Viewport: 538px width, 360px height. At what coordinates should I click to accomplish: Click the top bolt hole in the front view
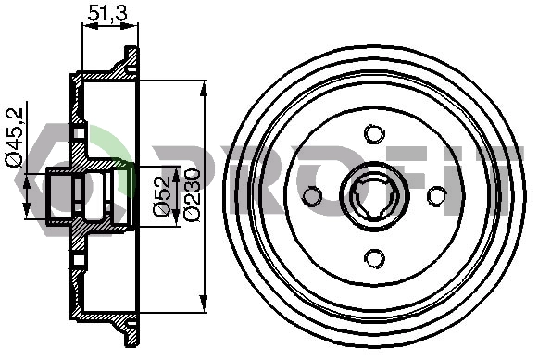click(x=374, y=134)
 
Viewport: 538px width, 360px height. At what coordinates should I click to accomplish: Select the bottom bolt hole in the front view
click(x=374, y=258)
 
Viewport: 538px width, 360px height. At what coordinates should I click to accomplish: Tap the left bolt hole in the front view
click(x=312, y=196)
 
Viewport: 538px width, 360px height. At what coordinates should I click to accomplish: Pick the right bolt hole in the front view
click(x=436, y=196)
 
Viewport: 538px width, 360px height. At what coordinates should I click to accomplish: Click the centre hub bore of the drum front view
click(x=374, y=196)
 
